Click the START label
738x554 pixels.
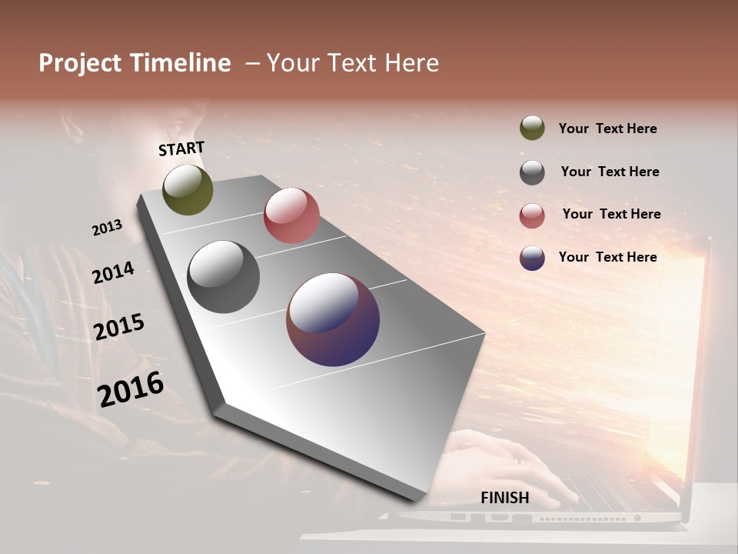pos(181,149)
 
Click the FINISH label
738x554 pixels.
pos(505,498)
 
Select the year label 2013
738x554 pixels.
pos(107,228)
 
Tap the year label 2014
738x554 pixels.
pos(113,272)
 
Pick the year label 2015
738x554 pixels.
pos(119,327)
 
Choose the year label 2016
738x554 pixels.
pos(131,389)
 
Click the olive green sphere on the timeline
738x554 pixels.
pos(188,189)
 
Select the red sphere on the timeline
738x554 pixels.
pos(291,215)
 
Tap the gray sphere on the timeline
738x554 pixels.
pos(223,277)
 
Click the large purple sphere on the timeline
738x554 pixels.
pos(333,319)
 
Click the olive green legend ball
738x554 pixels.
pos(532,128)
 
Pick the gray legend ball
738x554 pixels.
pos(532,172)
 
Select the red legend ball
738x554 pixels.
pos(532,215)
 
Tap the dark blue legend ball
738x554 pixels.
pos(532,258)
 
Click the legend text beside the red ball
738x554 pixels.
pos(611,214)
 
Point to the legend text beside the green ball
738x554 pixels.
pos(607,128)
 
